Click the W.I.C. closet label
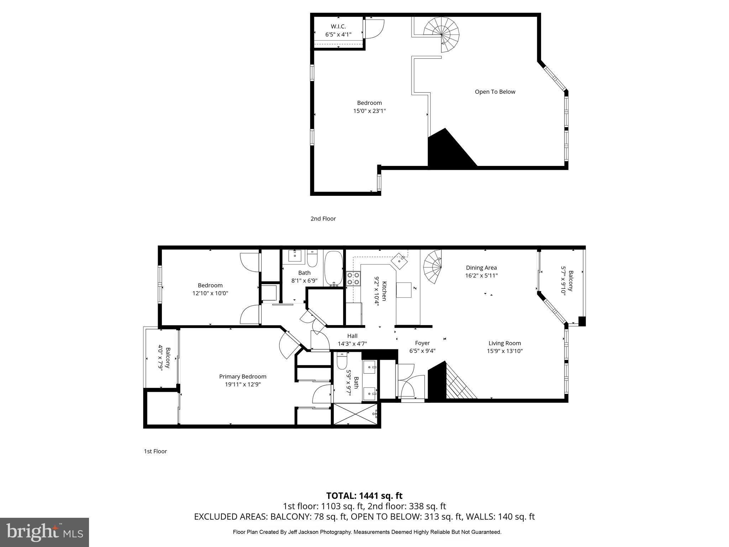click(338, 26)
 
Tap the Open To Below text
click(495, 92)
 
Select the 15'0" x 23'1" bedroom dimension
click(369, 111)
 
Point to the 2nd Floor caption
click(323, 219)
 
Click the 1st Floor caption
click(155, 451)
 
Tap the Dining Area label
click(481, 267)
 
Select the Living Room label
click(504, 343)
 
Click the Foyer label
click(422, 343)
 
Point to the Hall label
click(352, 336)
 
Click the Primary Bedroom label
click(242, 376)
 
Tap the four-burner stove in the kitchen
click(353, 278)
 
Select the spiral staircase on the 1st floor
click(433, 267)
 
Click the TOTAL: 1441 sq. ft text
click(364, 496)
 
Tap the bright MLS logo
click(44, 532)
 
